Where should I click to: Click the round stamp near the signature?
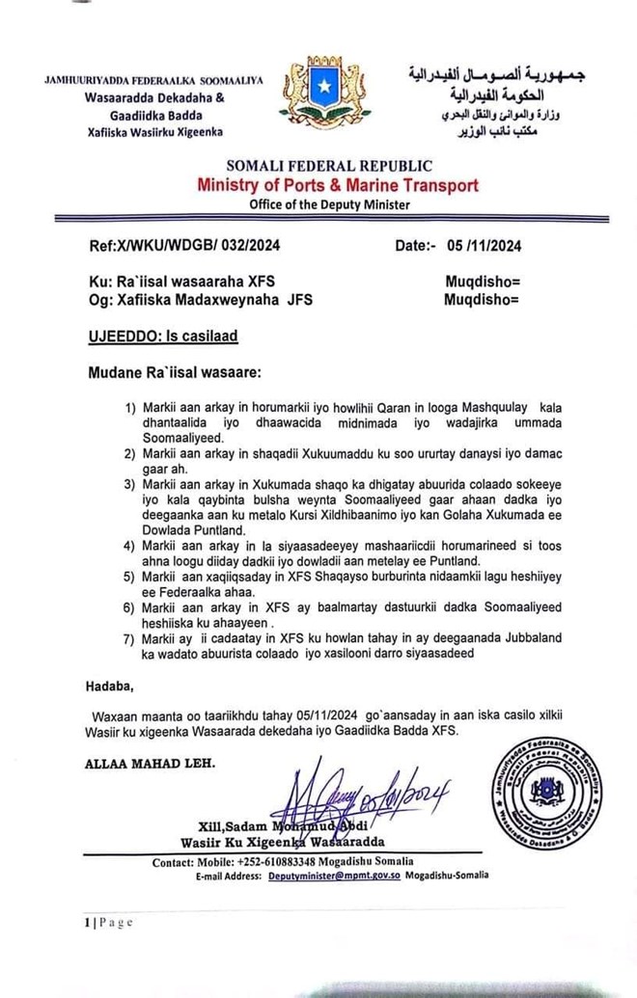tap(560, 793)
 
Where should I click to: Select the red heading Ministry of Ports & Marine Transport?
tap(338, 185)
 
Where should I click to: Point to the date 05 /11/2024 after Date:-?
tap(484, 246)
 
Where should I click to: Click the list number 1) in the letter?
tap(131, 407)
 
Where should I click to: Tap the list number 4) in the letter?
tap(131, 545)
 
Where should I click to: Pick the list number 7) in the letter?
tap(131, 637)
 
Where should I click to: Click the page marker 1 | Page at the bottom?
tap(107, 923)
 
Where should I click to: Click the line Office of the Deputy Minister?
tap(329, 204)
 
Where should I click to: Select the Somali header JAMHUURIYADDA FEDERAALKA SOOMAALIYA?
tap(153, 81)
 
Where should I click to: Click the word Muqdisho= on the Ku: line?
tap(483, 282)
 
